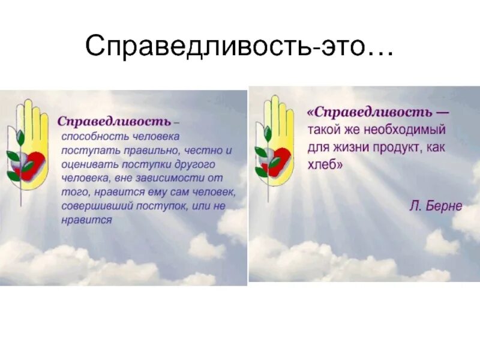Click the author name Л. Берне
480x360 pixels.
tap(436, 206)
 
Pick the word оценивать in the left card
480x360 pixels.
tap(86, 164)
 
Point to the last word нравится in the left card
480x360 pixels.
tap(87, 220)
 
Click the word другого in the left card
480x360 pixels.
tap(196, 164)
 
